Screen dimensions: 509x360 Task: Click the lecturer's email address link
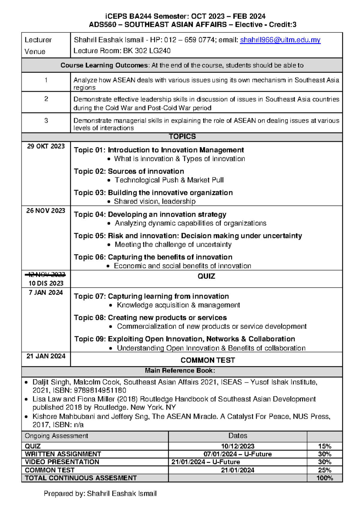280,40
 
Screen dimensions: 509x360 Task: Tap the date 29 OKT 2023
46,146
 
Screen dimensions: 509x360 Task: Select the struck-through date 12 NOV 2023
46,274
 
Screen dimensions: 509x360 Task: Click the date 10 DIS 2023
46,283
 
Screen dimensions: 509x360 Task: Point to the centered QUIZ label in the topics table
206,276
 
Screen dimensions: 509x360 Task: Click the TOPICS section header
182,137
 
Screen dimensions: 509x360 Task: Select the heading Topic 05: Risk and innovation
188,236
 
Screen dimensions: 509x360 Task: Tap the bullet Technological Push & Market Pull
169,180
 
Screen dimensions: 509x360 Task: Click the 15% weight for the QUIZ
325,446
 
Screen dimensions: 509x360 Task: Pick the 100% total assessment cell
325,478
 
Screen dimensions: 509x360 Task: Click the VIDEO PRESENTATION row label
62,462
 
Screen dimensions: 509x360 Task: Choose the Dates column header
238,436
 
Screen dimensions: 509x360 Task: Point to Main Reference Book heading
180,371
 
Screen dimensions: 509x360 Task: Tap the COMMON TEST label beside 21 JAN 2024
208,360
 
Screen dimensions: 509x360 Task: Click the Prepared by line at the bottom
100,494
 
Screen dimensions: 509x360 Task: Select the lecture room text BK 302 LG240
147,51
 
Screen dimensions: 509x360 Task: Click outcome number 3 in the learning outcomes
46,121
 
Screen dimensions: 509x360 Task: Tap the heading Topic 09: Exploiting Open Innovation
184,339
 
